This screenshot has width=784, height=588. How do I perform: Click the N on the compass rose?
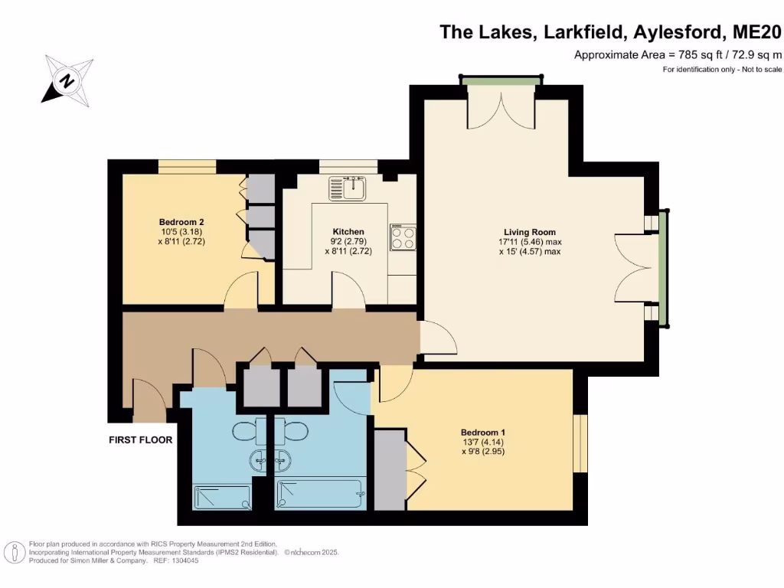pyautogui.click(x=68, y=80)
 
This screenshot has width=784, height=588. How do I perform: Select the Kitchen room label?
pyautogui.click(x=348, y=232)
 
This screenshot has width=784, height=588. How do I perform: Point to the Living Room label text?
pyautogui.click(x=529, y=232)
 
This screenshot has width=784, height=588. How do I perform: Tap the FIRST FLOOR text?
pyautogui.click(x=140, y=440)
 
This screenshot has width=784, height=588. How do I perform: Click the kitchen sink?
pyautogui.click(x=349, y=188)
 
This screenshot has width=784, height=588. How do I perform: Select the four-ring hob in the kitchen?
pyautogui.click(x=403, y=238)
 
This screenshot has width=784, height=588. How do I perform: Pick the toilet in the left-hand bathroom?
pyautogui.click(x=248, y=432)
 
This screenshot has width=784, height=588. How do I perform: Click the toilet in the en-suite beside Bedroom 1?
pyautogui.click(x=295, y=432)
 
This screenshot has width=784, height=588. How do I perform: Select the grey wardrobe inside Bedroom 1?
pyautogui.click(x=389, y=469)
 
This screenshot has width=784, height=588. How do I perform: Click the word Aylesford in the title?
pyautogui.click(x=679, y=32)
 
